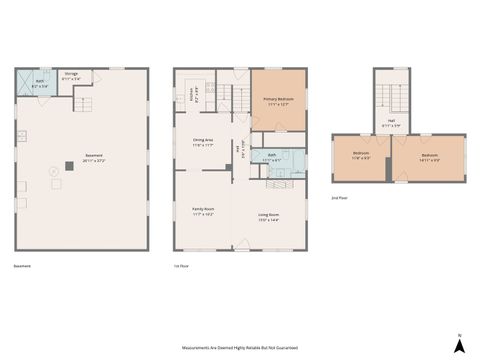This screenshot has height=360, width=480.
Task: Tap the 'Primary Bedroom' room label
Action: click(x=278, y=101)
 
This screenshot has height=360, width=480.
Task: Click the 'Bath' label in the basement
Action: click(x=39, y=86)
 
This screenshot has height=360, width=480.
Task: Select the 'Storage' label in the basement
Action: click(x=71, y=75)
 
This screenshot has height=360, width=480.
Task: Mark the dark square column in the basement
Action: click(x=68, y=165)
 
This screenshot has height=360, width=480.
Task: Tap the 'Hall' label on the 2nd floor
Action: click(x=391, y=125)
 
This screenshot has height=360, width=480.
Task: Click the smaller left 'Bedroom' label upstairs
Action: click(x=362, y=157)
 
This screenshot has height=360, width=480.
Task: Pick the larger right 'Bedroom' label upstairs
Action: click(x=429, y=157)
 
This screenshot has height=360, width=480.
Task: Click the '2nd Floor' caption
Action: click(x=340, y=198)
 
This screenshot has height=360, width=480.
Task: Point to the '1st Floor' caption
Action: click(x=181, y=266)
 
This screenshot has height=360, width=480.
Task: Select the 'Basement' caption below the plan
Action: click(x=23, y=266)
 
